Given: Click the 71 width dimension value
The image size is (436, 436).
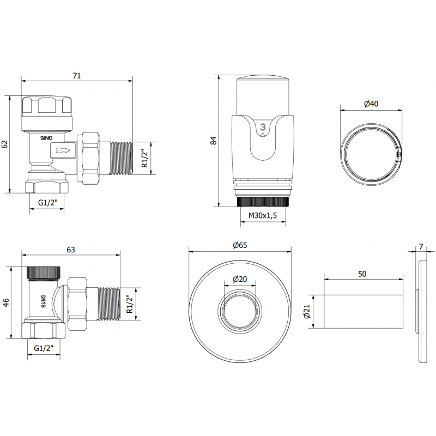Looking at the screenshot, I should tap(77, 75).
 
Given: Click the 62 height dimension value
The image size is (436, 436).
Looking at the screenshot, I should tap(5, 144).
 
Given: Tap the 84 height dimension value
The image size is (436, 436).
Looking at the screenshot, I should tap(214, 140).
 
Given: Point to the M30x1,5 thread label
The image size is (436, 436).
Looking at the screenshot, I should tap(263, 216).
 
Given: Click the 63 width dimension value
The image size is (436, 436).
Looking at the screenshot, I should tap(71, 250).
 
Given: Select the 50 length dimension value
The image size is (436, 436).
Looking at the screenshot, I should tap(362, 274).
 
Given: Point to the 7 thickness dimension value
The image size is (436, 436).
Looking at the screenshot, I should tap(421, 247).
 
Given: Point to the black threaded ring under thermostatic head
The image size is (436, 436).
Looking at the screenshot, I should tap(263, 202).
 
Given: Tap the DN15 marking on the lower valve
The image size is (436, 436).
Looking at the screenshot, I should tap(44, 302).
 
